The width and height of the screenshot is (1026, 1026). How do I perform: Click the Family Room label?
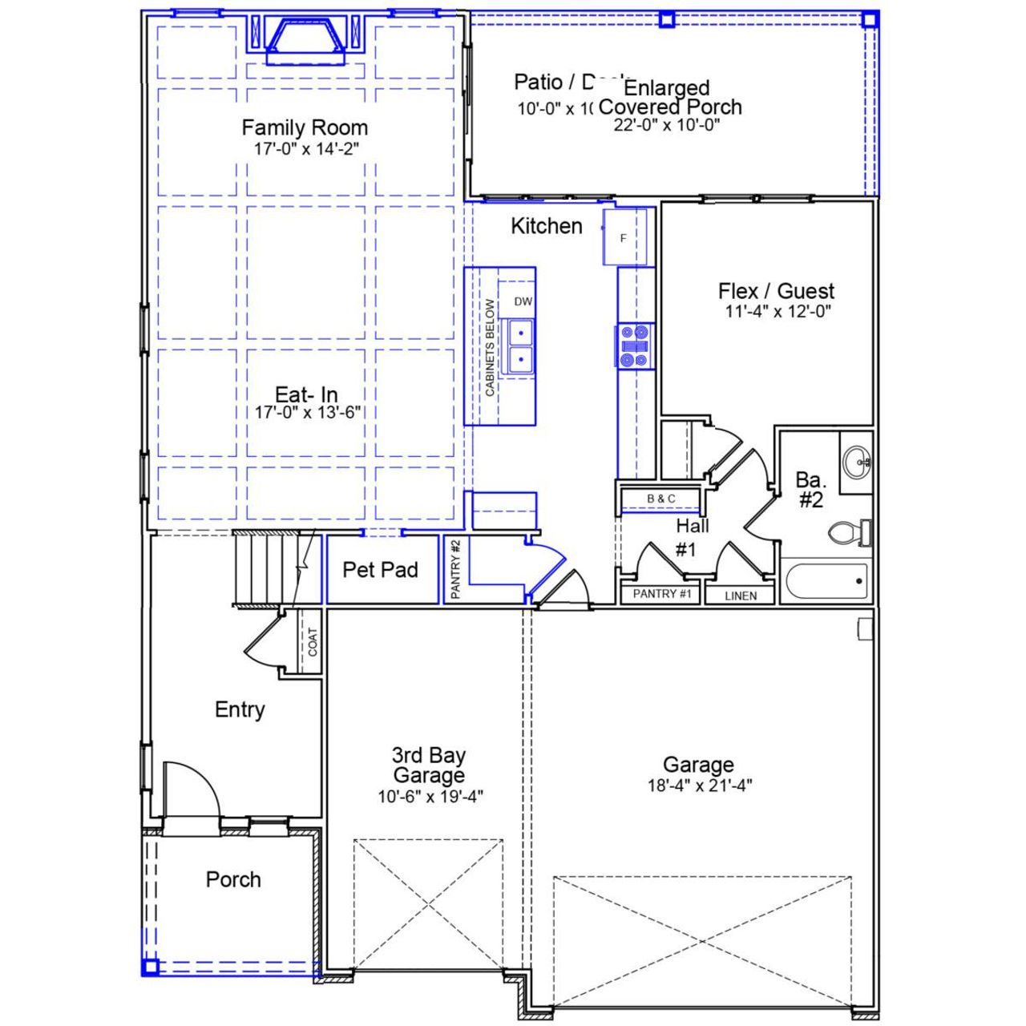click(305, 127)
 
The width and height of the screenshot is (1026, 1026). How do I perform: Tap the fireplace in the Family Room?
click(305, 41)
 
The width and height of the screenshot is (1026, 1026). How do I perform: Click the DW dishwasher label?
click(523, 302)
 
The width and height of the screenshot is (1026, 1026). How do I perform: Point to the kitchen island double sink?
click(519, 345)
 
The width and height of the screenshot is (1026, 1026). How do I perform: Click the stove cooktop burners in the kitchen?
click(635, 346)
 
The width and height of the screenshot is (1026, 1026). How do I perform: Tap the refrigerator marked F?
click(624, 237)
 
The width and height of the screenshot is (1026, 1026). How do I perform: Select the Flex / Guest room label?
click(776, 291)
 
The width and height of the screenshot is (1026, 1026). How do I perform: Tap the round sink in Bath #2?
click(856, 462)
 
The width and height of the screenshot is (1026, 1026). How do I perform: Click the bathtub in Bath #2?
click(826, 581)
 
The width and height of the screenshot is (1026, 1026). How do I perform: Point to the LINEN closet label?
click(740, 596)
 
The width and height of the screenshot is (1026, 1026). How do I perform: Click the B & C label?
click(660, 499)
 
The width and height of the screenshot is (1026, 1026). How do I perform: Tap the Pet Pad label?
click(380, 570)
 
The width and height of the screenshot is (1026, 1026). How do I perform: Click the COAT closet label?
click(312, 642)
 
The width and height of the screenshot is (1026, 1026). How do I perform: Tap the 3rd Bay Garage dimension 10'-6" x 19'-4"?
click(430, 797)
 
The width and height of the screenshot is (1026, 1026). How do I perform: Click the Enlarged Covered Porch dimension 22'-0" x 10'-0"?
click(667, 125)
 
